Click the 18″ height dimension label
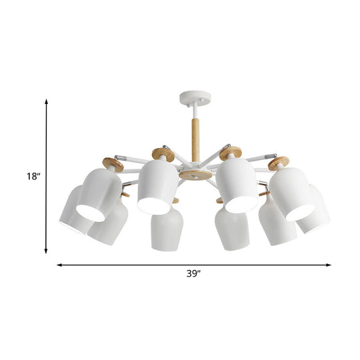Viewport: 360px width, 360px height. pos(33,177)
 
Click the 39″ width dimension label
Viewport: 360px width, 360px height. pos(193,274)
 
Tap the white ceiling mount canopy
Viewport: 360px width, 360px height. pos(195,98)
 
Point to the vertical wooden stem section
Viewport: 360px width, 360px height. pos(195,140)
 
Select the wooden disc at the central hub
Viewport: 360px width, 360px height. pos(195,175)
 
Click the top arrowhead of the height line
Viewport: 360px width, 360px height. pos(47,102)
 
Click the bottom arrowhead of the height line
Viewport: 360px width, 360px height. pos(46,251)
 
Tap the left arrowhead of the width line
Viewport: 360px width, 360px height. pos(59,265)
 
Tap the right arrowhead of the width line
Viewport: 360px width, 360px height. pos(328,265)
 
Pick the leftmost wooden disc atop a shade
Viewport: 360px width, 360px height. pos(113,165)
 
